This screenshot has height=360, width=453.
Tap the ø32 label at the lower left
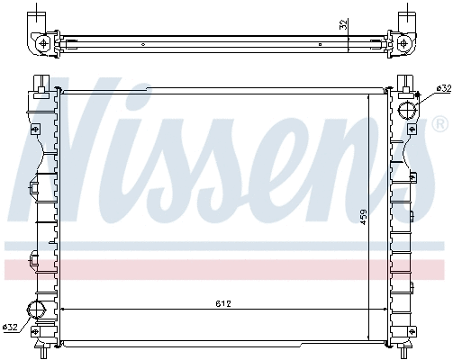click(12, 326)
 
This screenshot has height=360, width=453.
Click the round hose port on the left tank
click(38, 311)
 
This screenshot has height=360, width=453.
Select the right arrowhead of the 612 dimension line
click(384, 310)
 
